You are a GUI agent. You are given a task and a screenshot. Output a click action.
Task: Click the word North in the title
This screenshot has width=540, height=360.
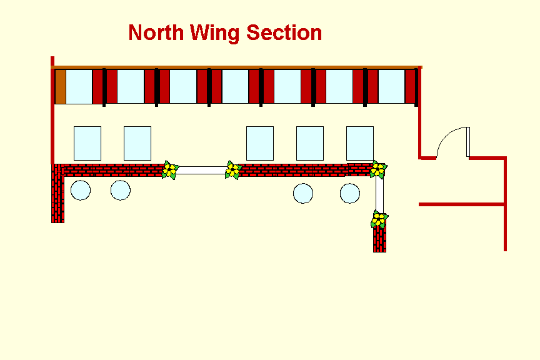[x=156, y=32]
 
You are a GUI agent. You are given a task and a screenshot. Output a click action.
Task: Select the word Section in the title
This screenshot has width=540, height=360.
[x=284, y=32]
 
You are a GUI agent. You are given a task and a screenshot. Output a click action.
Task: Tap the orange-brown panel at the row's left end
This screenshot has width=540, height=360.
[x=61, y=86]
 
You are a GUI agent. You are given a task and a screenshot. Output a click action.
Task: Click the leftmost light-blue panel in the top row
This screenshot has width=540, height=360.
[x=79, y=86]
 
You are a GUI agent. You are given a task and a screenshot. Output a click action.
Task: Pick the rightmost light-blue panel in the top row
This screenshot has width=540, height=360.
[x=391, y=86]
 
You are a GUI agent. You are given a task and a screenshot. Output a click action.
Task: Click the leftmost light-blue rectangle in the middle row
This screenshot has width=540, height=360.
[x=87, y=143]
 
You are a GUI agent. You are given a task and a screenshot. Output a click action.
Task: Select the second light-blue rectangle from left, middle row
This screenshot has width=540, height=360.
[x=137, y=143]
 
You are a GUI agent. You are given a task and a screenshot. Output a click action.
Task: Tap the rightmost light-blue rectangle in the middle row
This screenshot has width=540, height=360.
[x=360, y=143]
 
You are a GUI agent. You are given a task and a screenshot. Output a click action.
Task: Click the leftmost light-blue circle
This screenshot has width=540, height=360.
[x=81, y=190]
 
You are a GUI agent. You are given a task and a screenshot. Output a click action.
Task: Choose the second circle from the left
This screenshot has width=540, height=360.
[x=121, y=190]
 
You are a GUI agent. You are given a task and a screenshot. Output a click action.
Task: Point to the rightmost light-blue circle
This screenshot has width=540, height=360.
[x=350, y=193]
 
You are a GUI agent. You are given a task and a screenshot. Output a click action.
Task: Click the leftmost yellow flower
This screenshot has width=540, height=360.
[x=169, y=169]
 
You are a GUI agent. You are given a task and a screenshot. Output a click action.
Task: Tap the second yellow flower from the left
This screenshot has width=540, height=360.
[x=233, y=169]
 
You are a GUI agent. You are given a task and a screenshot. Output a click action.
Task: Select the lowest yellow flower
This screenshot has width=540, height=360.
[x=379, y=219]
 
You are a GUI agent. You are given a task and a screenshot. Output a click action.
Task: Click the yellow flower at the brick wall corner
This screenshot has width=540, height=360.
[x=377, y=169]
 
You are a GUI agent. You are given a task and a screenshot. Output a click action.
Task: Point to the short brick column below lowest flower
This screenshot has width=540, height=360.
[x=379, y=239]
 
